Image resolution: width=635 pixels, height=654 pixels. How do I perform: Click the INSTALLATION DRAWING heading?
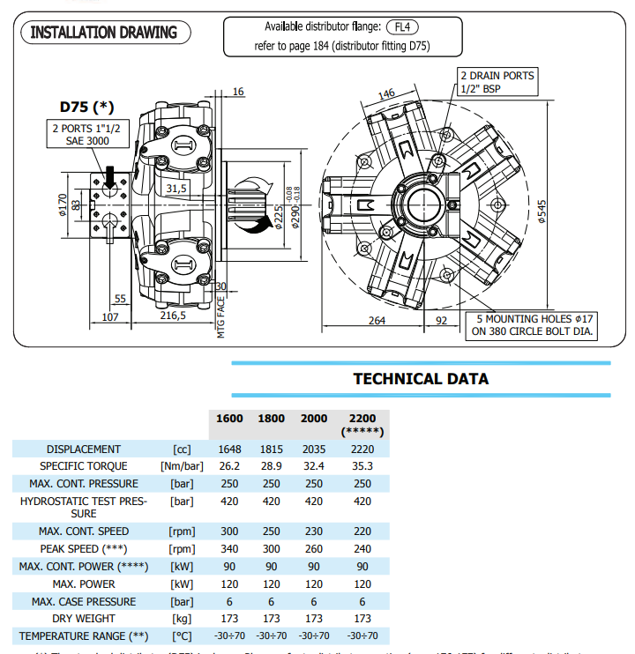click(x=104, y=33)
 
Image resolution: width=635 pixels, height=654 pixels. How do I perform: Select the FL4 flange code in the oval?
click(x=402, y=26)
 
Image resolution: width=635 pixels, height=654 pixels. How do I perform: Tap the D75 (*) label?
click(x=87, y=108)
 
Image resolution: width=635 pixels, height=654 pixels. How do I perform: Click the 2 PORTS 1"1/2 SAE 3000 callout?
click(x=86, y=135)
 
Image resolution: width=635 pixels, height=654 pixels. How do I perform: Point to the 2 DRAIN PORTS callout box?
click(x=497, y=82)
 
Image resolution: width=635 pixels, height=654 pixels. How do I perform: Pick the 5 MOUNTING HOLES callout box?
click(x=532, y=325)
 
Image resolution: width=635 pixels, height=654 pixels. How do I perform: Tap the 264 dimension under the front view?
click(x=377, y=320)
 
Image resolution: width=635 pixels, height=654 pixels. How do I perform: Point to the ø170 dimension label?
click(x=62, y=204)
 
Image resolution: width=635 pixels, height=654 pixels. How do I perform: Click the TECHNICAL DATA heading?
click(x=421, y=379)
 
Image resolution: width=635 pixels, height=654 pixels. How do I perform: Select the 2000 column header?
click(x=314, y=419)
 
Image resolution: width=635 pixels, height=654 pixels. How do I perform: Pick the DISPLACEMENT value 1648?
click(x=229, y=449)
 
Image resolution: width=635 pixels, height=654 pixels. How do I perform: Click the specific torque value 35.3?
click(x=362, y=465)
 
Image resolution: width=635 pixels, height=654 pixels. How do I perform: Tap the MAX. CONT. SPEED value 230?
click(x=314, y=531)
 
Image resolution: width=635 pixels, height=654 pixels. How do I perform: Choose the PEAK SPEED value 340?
click(x=229, y=548)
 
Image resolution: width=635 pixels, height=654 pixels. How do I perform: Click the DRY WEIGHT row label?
click(x=84, y=618)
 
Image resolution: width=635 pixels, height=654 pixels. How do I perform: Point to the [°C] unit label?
click(x=181, y=635)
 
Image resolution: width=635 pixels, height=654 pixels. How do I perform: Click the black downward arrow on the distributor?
click(x=109, y=176)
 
